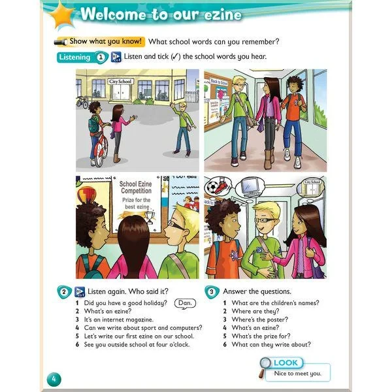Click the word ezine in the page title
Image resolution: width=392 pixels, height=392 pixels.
tap(218, 14)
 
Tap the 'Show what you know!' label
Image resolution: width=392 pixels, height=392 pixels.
tap(105, 42)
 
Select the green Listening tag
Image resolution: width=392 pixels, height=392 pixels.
tap(74, 57)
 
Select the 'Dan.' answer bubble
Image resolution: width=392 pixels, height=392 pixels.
tap(186, 303)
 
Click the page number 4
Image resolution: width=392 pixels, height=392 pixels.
tap(54, 378)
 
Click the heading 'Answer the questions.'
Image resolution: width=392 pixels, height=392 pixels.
tap(257, 291)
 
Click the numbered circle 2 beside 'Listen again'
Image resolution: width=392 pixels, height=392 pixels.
tap(64, 291)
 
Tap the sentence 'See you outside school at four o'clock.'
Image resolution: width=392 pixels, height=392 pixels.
tap(137, 344)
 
